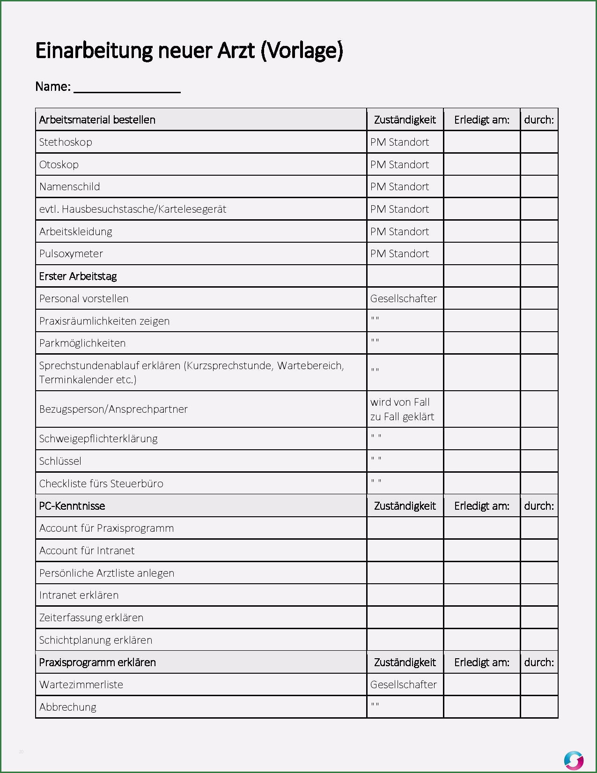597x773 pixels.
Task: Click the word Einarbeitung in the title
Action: (94, 51)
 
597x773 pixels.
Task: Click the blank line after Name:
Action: (127, 88)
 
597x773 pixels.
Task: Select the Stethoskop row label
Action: (66, 142)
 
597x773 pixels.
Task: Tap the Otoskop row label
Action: (59, 164)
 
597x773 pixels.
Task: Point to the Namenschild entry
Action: (70, 186)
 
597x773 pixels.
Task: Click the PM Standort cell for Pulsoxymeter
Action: (399, 253)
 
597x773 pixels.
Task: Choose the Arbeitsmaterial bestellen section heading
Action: (97, 120)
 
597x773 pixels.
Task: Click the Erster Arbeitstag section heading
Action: (78, 276)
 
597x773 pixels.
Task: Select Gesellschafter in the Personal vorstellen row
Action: (403, 298)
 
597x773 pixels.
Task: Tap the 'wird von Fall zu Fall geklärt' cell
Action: (402, 409)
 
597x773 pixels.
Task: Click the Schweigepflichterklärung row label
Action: (98, 439)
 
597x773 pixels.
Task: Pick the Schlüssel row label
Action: (60, 461)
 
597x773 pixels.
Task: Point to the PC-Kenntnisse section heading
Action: (72, 506)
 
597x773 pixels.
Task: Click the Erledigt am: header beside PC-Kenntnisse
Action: (481, 506)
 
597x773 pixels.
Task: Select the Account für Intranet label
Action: (87, 550)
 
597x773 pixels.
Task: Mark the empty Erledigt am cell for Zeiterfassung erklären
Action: (481, 617)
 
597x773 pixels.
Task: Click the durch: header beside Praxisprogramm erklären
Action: (539, 662)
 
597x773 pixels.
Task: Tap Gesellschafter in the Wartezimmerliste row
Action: (403, 684)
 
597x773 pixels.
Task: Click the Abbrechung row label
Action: (68, 707)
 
